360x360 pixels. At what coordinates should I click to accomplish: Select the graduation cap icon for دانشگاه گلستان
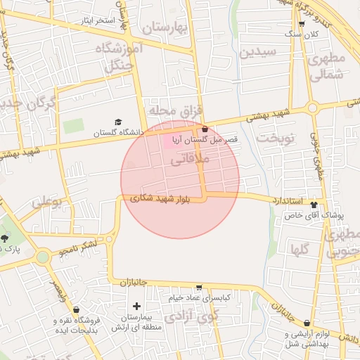pyautogui.click(x=117, y=122)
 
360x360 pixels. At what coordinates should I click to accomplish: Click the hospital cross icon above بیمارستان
pyautogui.click(x=136, y=306)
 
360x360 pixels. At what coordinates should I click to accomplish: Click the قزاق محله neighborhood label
pyautogui.click(x=175, y=110)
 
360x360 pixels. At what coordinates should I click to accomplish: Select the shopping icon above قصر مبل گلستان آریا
pyautogui.click(x=205, y=129)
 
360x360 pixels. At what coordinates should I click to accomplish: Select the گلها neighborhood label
pyautogui.click(x=300, y=247)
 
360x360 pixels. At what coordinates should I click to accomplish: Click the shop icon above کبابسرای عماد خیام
pyautogui.click(x=199, y=288)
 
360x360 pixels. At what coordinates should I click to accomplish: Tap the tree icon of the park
pyautogui.click(x=5, y=238)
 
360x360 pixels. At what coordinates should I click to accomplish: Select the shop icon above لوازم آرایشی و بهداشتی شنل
pyautogui.click(x=306, y=323)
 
